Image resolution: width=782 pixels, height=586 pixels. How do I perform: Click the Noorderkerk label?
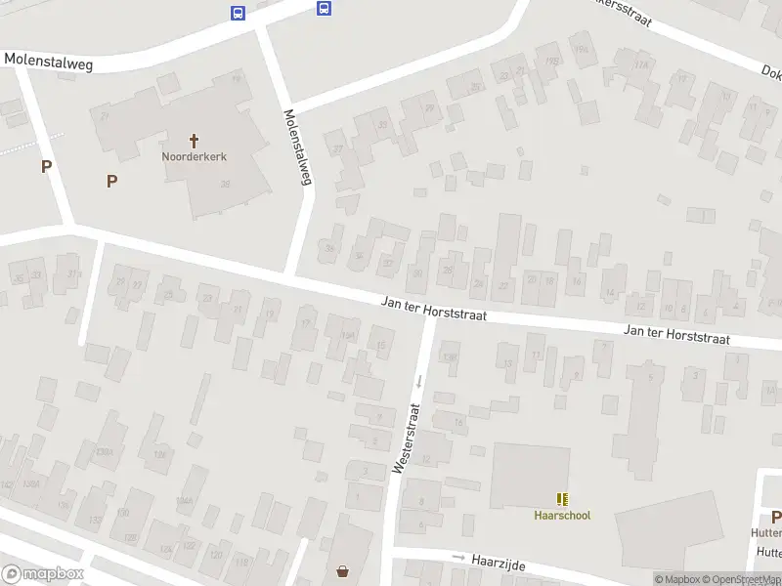(x=194, y=156)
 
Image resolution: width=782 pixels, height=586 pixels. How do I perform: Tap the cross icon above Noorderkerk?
(x=194, y=141)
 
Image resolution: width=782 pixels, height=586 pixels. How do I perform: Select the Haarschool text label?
(x=562, y=516)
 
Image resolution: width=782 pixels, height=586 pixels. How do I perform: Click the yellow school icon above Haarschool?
(x=562, y=499)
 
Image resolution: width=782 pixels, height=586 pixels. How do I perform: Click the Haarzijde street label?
(x=500, y=562)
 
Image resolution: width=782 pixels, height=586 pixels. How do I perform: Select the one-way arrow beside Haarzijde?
(x=458, y=557)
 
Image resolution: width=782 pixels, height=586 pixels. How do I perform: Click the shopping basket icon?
(x=343, y=571)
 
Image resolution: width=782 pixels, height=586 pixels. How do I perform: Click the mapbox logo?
(x=42, y=574)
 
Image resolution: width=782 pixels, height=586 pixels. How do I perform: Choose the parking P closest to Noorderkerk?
(x=111, y=181)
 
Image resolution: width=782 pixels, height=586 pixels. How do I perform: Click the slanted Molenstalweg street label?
(x=298, y=146)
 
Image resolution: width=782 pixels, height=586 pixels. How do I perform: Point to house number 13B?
(x=450, y=356)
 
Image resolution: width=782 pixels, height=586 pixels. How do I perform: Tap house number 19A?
(x=582, y=49)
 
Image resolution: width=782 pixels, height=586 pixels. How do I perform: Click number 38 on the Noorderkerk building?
(x=226, y=184)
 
